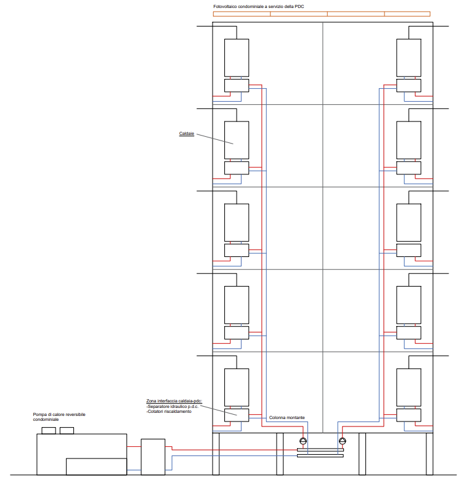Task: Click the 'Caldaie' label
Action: [x=187, y=134]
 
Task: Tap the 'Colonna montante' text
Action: [x=287, y=418]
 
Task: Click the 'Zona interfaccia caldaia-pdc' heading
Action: [x=174, y=401]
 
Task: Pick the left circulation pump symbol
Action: [x=303, y=441]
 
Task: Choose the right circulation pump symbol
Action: [x=343, y=441]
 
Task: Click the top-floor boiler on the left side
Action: [x=237, y=58]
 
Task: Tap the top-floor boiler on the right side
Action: [x=409, y=58]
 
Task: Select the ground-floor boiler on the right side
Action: [x=409, y=388]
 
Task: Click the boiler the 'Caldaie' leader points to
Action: [x=237, y=140]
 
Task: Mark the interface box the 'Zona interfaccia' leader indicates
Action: [x=237, y=415]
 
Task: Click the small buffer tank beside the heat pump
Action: [x=153, y=457]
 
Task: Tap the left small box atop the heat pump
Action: [x=49, y=431]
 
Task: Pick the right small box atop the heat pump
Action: [x=67, y=431]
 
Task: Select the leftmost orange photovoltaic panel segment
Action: [x=242, y=14]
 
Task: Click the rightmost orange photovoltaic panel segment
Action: [x=407, y=14]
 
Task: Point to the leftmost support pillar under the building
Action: [x=216, y=454]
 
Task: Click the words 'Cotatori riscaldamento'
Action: [x=169, y=412]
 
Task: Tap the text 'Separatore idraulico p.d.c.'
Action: [x=173, y=407]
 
